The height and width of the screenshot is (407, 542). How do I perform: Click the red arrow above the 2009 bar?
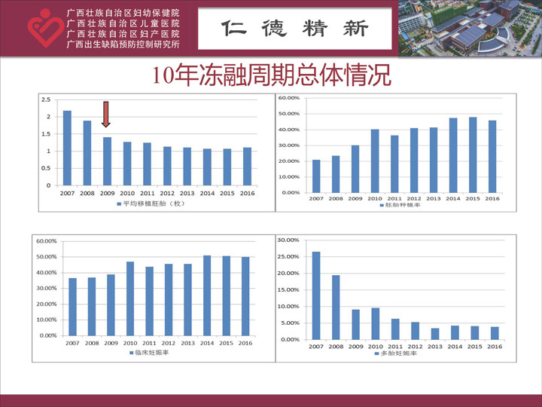pos(106,115)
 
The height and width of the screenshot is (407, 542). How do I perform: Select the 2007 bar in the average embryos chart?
pos(67,148)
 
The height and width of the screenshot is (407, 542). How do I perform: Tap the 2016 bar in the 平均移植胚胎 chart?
pos(247,167)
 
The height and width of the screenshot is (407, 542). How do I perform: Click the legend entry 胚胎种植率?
pos(398,205)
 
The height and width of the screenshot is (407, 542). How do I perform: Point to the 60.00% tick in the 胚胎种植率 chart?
pos(289,99)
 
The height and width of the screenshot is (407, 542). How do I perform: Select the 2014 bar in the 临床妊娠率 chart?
pos(207,295)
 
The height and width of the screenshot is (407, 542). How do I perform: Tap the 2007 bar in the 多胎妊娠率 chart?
pos(316,295)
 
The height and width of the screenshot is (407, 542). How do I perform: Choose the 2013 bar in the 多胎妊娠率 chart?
pos(435,334)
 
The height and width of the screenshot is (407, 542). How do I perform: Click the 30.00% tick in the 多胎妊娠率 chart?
pos(288,240)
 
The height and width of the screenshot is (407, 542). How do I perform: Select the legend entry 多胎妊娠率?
pos(398,352)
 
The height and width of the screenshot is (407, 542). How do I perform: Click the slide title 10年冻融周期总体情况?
pos(271,76)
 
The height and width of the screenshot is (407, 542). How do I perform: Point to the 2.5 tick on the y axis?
pos(47,99)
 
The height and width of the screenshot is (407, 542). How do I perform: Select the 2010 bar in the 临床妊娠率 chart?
pos(130,298)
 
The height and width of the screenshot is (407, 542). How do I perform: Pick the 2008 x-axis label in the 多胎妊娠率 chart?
pos(336,346)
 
